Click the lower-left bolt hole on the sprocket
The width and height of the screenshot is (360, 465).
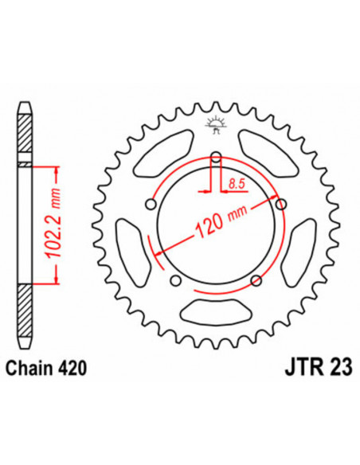(174, 279)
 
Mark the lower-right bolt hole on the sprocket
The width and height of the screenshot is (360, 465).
(255, 279)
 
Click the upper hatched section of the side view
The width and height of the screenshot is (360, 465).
(25, 135)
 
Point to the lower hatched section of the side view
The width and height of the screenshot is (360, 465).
(25, 315)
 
